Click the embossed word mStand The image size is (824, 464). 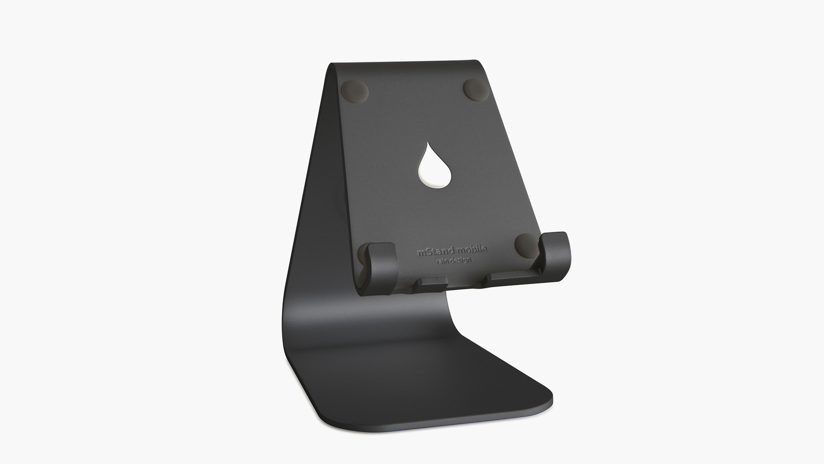pyautogui.click(x=435, y=252)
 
